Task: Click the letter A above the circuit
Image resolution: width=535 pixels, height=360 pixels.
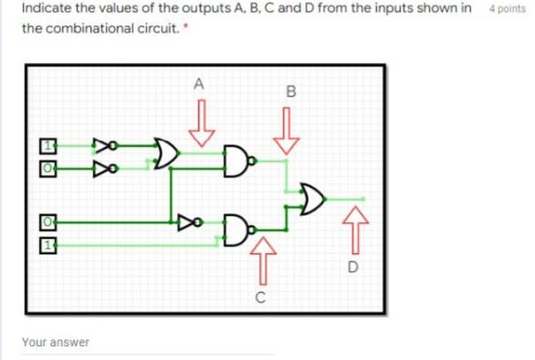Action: click(x=200, y=84)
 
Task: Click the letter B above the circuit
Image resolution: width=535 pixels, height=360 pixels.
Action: click(x=290, y=91)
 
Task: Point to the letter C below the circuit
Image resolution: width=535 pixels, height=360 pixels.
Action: click(x=261, y=297)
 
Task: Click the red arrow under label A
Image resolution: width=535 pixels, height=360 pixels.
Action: click(x=201, y=124)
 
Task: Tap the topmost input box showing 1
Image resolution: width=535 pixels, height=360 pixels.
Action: click(x=46, y=145)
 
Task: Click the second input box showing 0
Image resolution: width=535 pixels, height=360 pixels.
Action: click(x=46, y=166)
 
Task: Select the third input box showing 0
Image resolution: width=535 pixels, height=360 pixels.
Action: click(x=46, y=221)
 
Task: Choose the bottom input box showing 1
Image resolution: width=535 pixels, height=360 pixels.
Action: click(x=46, y=245)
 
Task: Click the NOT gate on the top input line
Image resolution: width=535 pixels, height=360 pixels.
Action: click(x=107, y=144)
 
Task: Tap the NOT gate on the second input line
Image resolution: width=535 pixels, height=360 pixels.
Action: click(x=107, y=167)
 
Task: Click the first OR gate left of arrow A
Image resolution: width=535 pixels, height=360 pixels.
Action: click(x=165, y=155)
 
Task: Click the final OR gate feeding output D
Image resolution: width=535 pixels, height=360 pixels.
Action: click(x=313, y=198)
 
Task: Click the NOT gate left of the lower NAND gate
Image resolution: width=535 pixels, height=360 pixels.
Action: click(x=189, y=221)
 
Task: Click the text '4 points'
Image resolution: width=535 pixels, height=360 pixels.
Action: click(x=507, y=8)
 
